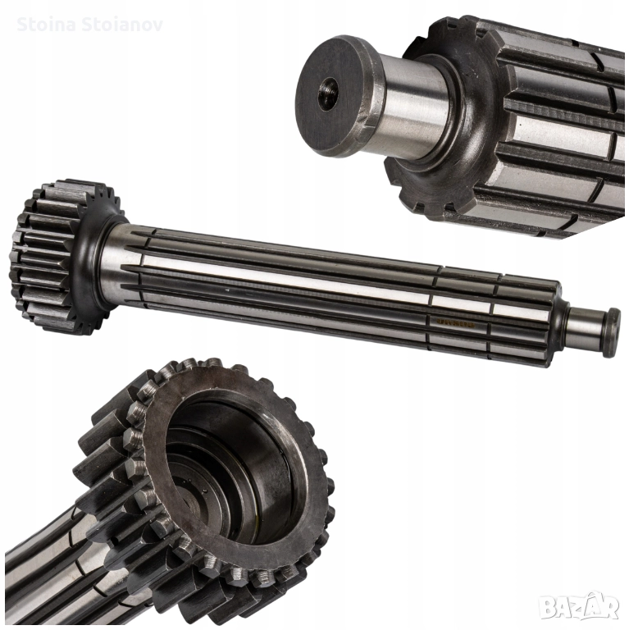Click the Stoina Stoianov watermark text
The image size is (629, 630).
point(89,25)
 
